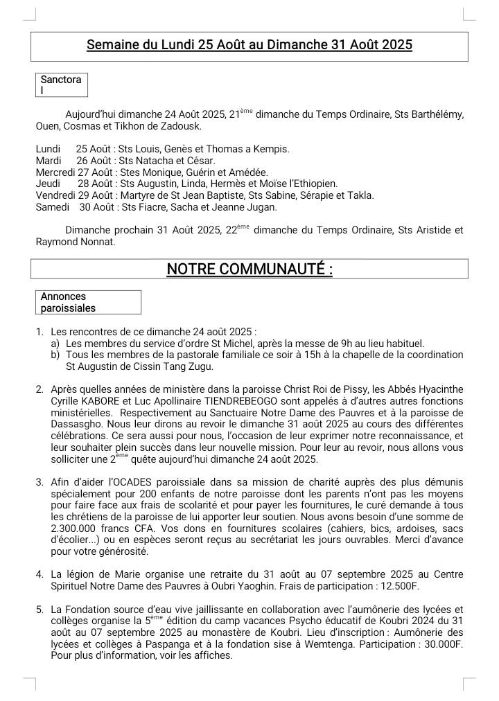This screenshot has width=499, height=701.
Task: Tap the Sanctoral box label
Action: click(61, 85)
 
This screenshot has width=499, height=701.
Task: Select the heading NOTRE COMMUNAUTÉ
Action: click(249, 269)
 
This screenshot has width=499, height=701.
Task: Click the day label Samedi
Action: click(52, 207)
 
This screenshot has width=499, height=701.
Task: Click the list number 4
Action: click(40, 574)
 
